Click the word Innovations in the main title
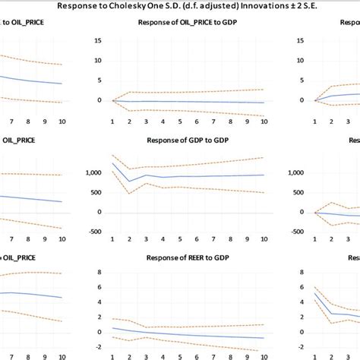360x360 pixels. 238,7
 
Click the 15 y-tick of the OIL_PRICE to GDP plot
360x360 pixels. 96,39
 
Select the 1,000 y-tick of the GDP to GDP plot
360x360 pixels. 92,173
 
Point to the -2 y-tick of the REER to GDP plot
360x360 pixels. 97,347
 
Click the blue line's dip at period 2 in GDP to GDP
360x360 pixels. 128,182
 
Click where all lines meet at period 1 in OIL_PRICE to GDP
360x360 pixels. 112,99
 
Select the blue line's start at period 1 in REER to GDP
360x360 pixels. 112,327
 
